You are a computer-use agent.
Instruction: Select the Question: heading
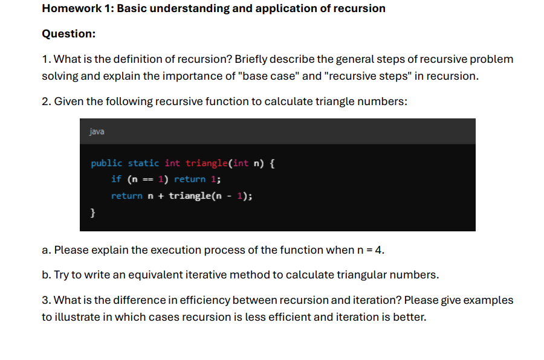[69, 34]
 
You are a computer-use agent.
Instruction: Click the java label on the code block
[96, 132]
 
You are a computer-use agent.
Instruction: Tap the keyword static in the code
[144, 163]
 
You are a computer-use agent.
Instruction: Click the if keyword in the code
[116, 179]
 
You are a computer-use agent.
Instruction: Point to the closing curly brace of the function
[93, 212]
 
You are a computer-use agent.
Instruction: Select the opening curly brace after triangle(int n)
[272, 163]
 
